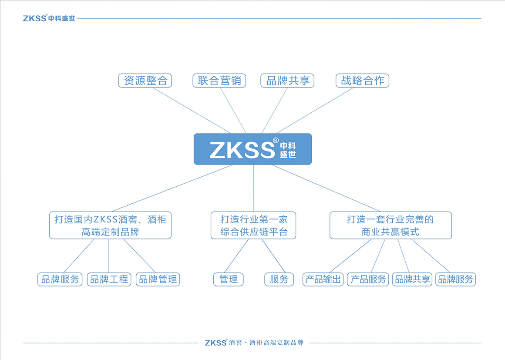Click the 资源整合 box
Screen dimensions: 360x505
145,81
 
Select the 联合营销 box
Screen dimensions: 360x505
219,81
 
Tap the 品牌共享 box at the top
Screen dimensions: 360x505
287,81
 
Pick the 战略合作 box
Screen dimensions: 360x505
362,81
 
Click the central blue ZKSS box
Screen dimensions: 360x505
252,149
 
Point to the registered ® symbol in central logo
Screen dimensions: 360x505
275,141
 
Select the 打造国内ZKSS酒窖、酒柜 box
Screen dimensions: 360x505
110,225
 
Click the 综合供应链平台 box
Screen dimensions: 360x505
253,225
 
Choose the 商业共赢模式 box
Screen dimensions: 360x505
391,225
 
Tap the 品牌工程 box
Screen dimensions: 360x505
109,279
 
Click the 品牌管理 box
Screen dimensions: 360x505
158,279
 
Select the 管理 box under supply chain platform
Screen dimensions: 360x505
229,279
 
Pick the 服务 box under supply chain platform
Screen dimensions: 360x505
279,279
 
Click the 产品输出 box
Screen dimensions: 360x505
323,279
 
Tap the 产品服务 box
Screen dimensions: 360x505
368,279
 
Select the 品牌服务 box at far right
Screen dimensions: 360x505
455,279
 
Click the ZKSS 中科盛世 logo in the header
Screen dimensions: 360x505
49,18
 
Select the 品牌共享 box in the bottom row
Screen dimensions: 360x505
412,279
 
